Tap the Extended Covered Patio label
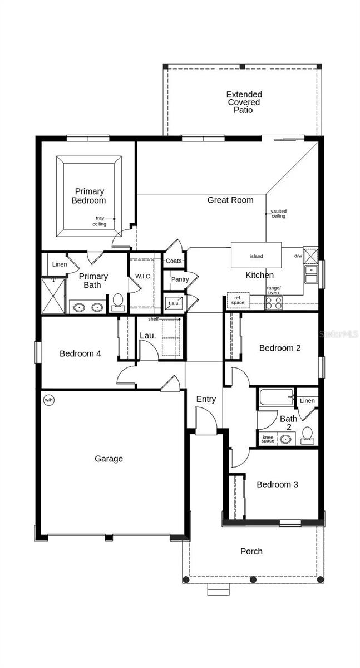coord(244,102)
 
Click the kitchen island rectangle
coord(257,256)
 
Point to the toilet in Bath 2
coord(307,436)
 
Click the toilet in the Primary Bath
coord(118,302)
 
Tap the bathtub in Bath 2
coord(277,397)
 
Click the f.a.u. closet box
coord(174,303)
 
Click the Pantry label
coord(180,279)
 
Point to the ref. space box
coord(238,299)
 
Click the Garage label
coord(109,459)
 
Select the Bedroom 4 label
coord(80,353)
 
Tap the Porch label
coord(251,551)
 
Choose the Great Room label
coord(230,200)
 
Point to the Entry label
coord(206,399)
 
